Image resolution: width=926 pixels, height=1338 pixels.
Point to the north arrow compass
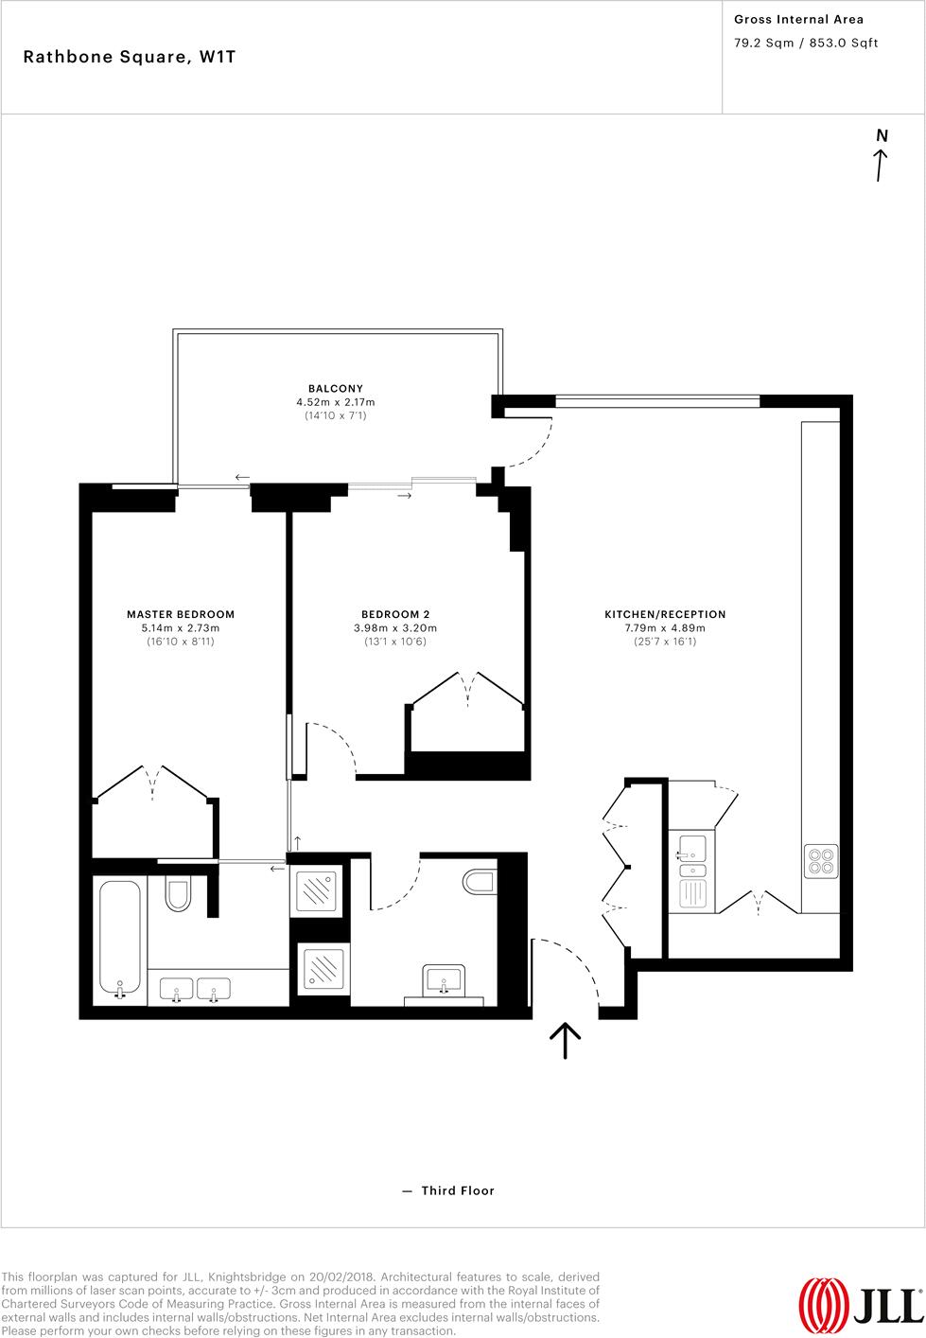point(882,156)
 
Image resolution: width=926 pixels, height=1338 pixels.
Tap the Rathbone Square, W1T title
point(130,57)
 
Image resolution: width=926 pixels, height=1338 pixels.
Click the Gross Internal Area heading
point(798,19)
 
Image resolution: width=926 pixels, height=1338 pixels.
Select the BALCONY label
point(335,388)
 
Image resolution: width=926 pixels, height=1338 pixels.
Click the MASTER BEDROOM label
point(181,614)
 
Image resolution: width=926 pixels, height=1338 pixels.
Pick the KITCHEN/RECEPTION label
point(665,614)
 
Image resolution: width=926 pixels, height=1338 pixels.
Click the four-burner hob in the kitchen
point(820,859)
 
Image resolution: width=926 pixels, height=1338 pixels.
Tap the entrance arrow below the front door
point(565,1039)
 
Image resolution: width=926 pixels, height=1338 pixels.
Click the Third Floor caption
point(458,1190)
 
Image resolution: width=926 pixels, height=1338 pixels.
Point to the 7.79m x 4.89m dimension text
point(665,628)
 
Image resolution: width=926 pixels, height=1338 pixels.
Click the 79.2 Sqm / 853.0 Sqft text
point(806,43)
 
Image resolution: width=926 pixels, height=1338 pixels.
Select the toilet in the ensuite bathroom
point(178,893)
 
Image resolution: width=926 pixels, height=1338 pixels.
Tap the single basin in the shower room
point(444,980)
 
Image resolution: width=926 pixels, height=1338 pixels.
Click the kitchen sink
point(692,848)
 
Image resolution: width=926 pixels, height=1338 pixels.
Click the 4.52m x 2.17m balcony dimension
point(335,402)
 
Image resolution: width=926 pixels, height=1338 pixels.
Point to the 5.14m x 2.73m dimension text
point(181,628)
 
